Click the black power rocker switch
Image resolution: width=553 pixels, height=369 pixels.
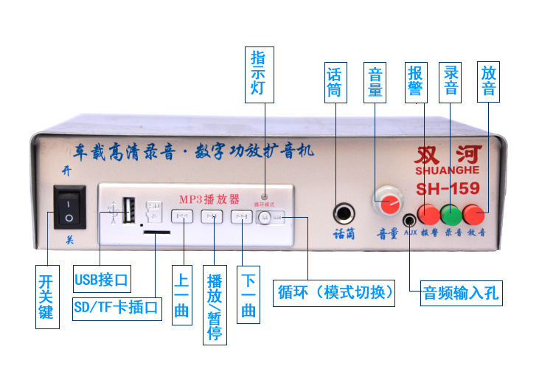69,207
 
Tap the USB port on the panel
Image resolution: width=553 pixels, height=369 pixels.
130,207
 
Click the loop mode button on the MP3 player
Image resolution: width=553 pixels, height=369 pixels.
265,217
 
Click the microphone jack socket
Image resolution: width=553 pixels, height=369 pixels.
344,215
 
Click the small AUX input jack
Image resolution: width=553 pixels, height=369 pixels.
409,219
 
